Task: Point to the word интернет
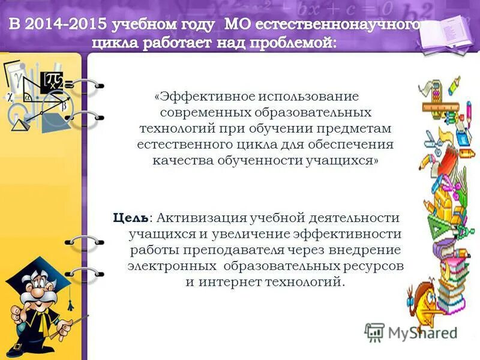[233, 281]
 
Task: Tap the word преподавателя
[227, 249]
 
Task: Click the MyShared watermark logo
[410, 332]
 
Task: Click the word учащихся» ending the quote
[341, 161]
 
